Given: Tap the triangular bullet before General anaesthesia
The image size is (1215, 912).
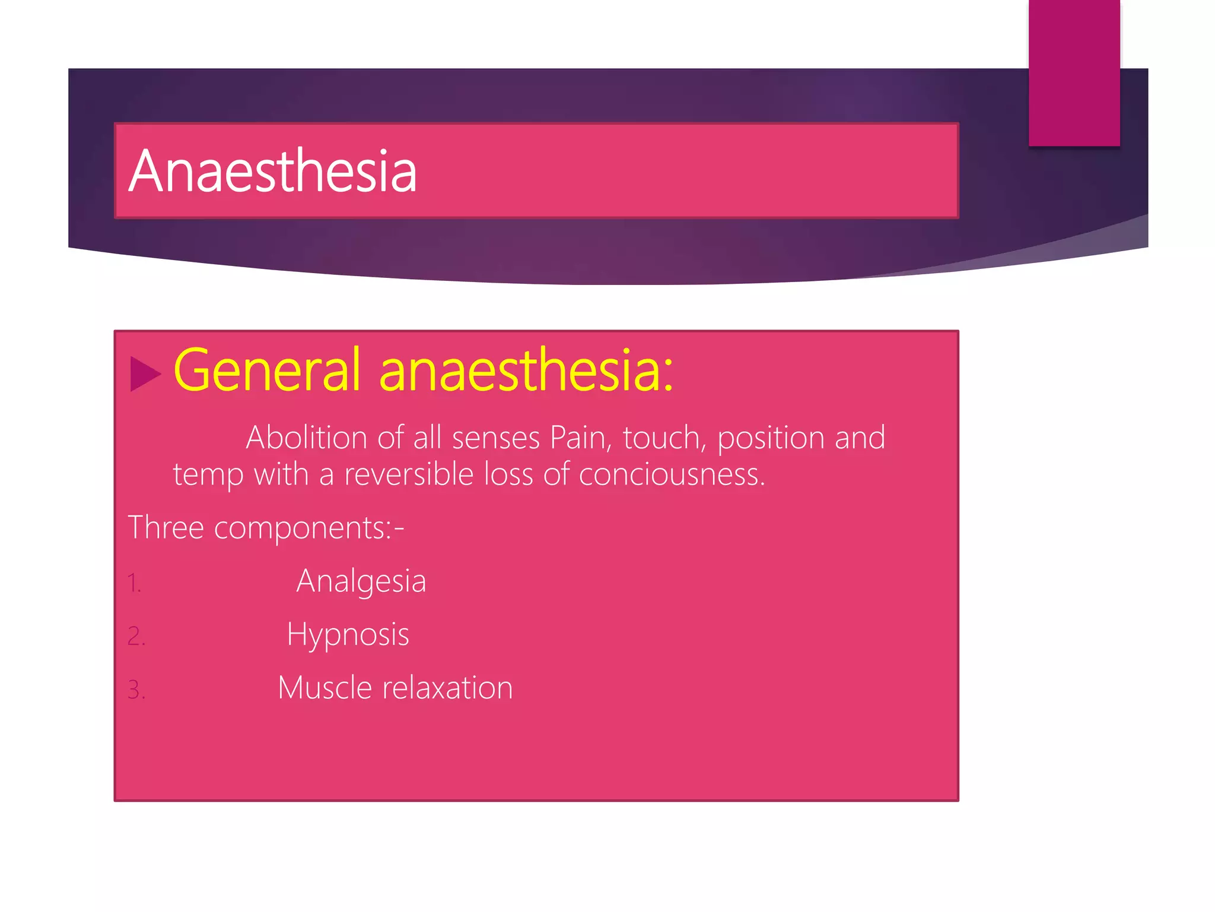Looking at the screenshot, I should coord(144,374).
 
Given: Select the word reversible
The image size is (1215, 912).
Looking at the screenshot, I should coord(409,474).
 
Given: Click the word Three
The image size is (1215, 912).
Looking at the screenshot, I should coord(166,527).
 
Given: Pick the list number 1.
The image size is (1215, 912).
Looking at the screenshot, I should coord(134,583).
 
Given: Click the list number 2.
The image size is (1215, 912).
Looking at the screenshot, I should coord(136,636).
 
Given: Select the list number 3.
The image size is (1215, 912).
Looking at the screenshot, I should coord(136,690).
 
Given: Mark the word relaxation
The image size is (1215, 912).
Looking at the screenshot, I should coord(447,688).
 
